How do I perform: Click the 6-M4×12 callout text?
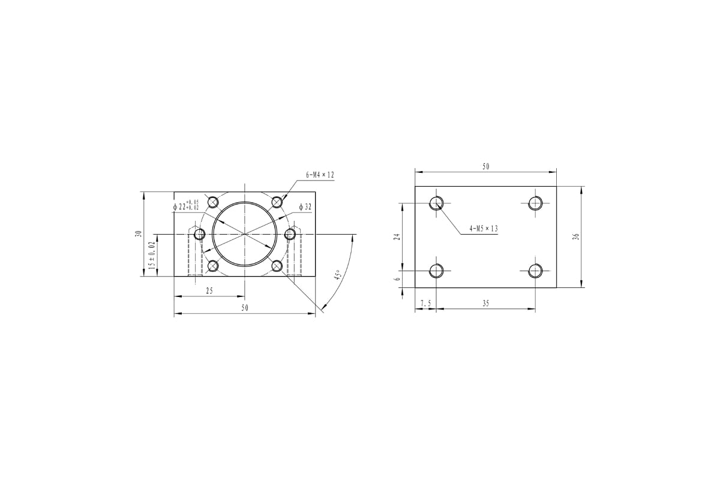point(320,175)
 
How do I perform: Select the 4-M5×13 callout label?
point(484,229)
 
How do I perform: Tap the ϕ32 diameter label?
point(305,207)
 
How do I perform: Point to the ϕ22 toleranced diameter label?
point(186,206)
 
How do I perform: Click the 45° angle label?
point(337,275)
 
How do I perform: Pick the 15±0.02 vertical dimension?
point(152,256)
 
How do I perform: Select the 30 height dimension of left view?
point(139,234)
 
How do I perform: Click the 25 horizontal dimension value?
point(209,290)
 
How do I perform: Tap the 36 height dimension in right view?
point(577,236)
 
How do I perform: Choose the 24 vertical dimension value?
point(397,236)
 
